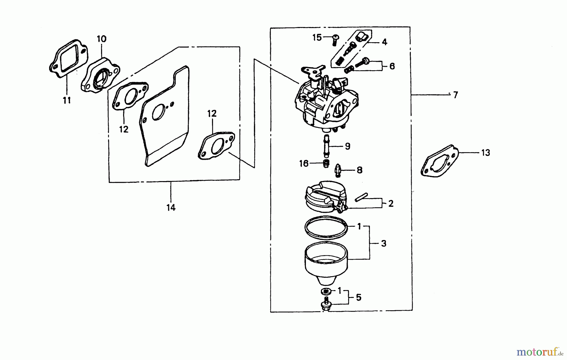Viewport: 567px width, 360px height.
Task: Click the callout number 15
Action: [317, 37]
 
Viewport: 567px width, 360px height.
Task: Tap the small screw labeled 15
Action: [335, 39]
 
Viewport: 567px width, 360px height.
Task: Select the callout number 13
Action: [485, 153]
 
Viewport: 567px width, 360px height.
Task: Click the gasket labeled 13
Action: [440, 161]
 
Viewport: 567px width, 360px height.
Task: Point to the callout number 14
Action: [171, 208]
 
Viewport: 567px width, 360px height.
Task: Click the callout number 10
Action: [101, 39]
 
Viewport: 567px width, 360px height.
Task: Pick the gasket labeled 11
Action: [69, 58]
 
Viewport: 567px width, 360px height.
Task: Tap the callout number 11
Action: [66, 100]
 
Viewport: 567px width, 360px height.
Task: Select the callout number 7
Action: [455, 95]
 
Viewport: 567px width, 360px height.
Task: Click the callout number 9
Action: [347, 146]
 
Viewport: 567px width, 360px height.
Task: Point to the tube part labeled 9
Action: [326, 146]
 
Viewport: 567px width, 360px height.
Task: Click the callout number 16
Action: [304, 163]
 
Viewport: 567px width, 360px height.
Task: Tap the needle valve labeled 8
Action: [338, 170]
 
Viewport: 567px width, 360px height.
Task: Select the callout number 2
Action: [391, 203]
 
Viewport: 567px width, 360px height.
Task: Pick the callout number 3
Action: [383, 243]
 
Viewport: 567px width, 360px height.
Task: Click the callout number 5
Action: [358, 298]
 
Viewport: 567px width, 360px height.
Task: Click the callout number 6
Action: [392, 66]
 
